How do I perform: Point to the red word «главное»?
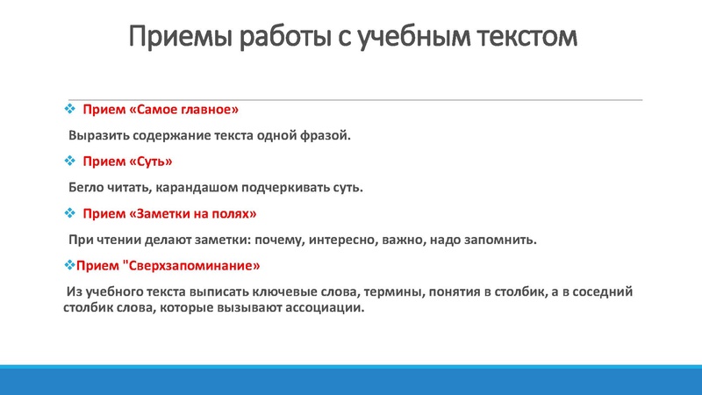[x=210, y=111]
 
